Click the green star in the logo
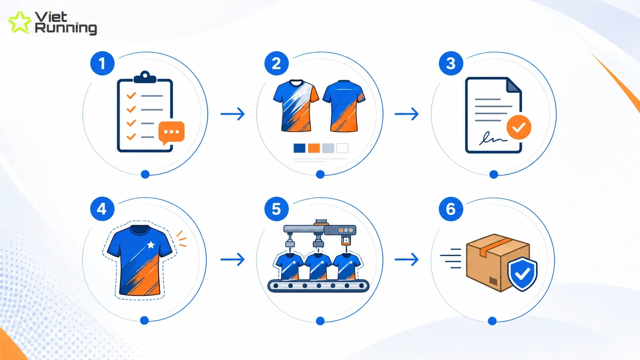click(20, 22)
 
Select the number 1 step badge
click(102, 64)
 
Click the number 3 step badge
click(451, 64)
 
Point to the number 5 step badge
click(276, 209)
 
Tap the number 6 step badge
click(451, 209)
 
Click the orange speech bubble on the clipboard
click(171, 132)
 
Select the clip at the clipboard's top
click(145, 77)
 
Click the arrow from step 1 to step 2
click(233, 114)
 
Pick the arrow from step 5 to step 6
click(407, 259)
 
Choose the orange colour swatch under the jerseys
click(314, 148)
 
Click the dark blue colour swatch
click(299, 148)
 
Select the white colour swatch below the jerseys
click(342, 148)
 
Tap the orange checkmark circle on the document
click(519, 127)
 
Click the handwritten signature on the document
click(493, 138)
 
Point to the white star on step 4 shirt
click(151, 245)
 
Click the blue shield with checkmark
click(522, 274)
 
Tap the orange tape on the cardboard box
click(496, 246)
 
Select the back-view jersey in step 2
click(344, 106)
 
